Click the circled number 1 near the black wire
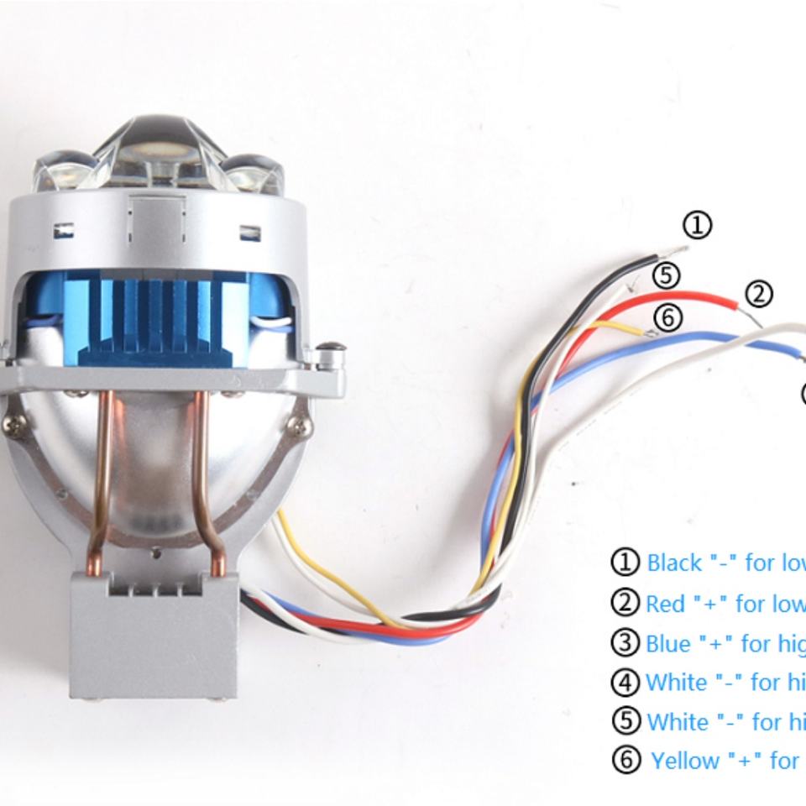pyautogui.click(x=697, y=225)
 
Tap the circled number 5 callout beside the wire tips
pyautogui.click(x=665, y=275)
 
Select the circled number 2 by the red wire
pyautogui.click(x=758, y=294)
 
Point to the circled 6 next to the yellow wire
pyautogui.click(x=668, y=318)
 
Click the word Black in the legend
pyautogui.click(x=674, y=563)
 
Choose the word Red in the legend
pyautogui.click(x=666, y=603)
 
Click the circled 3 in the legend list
pyautogui.click(x=625, y=643)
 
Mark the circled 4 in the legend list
pyautogui.click(x=625, y=682)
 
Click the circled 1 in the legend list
pyautogui.click(x=625, y=563)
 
